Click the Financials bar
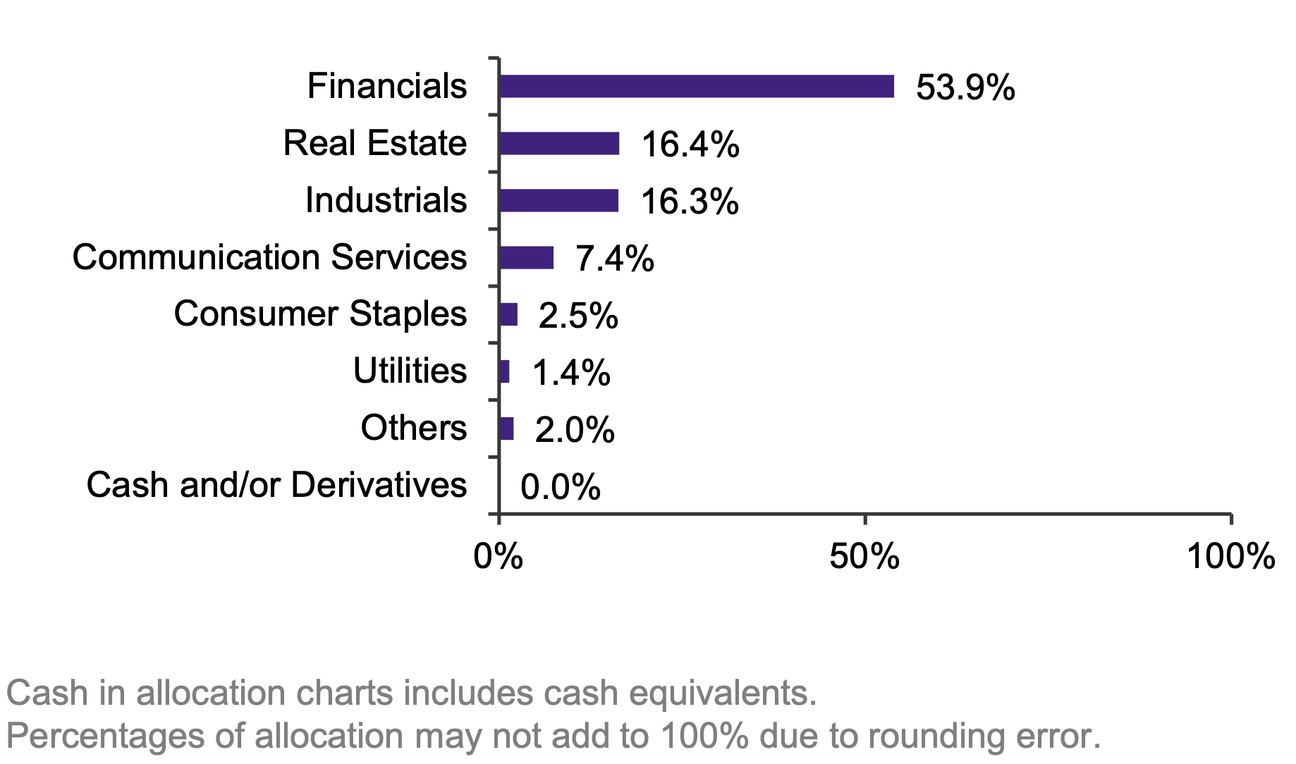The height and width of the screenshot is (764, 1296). click(x=697, y=87)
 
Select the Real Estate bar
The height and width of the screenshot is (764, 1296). click(x=559, y=144)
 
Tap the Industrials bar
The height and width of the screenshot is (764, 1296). click(x=558, y=201)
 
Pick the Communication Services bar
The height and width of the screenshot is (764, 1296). click(x=527, y=258)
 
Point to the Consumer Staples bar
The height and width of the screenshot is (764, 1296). click(x=508, y=314)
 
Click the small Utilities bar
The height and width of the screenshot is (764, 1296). click(x=504, y=371)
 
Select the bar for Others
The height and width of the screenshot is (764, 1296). click(x=506, y=429)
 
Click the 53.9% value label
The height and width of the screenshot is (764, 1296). click(x=965, y=88)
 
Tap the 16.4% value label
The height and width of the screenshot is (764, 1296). click(x=690, y=145)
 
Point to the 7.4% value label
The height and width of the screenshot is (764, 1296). click(x=614, y=259)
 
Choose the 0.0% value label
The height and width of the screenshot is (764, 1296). click(x=561, y=487)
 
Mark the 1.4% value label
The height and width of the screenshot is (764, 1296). click(x=570, y=373)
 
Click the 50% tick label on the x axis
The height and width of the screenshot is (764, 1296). click(x=864, y=557)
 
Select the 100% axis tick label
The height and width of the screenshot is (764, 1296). click(x=1231, y=557)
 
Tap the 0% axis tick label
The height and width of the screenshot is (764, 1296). click(x=499, y=557)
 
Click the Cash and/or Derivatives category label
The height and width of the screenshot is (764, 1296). click(x=276, y=485)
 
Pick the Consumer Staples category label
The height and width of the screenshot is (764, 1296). click(x=320, y=314)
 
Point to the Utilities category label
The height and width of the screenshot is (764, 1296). click(x=410, y=371)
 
